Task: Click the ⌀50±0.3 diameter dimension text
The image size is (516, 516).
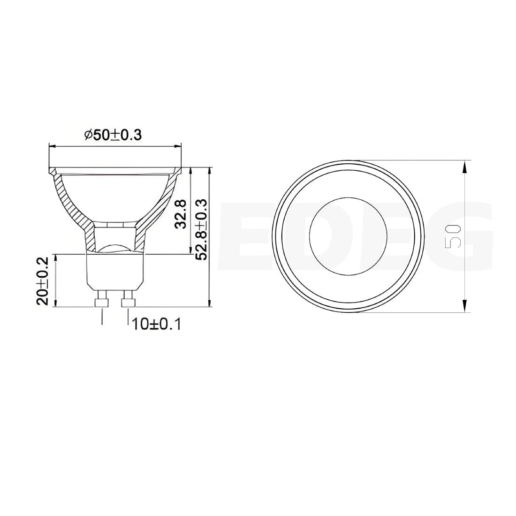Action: (113, 135)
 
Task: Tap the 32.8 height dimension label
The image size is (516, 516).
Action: (181, 213)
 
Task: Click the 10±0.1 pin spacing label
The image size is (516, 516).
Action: (157, 324)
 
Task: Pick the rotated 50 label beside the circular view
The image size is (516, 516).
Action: (452, 236)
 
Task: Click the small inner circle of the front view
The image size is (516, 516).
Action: (349, 236)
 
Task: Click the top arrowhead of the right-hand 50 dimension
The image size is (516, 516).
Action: (464, 165)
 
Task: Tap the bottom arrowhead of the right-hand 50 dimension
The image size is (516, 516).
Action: (464, 308)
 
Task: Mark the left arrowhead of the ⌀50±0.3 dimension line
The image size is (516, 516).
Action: (52, 146)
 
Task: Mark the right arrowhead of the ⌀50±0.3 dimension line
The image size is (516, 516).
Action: (178, 146)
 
